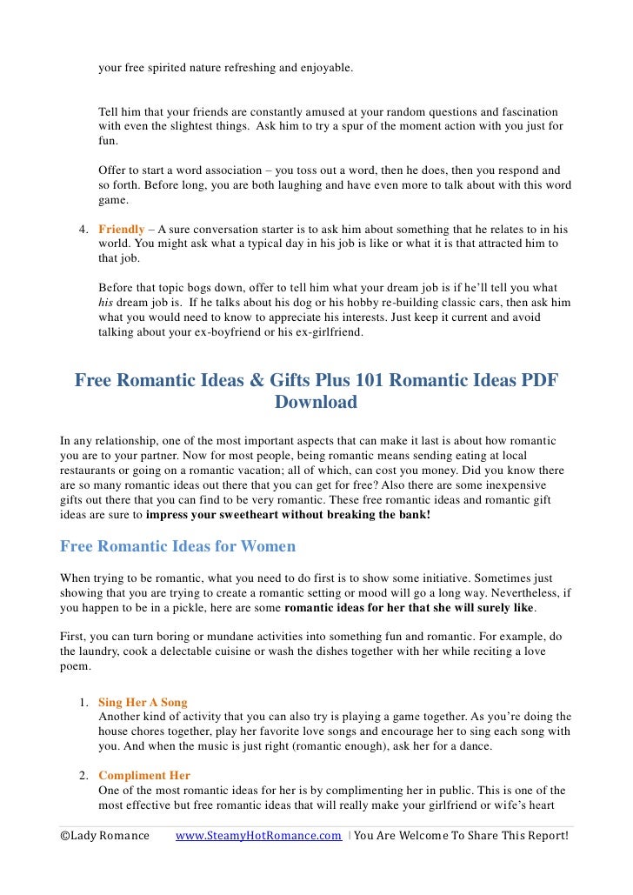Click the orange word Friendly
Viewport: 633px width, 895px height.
[x=121, y=229]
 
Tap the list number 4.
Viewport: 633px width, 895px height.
[x=83, y=229]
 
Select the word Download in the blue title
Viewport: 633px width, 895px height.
[x=316, y=403]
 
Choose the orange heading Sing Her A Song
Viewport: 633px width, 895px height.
[x=143, y=701]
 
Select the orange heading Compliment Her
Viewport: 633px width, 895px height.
[x=144, y=775]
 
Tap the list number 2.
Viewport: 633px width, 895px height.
[x=83, y=775]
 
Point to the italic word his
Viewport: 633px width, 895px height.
[x=106, y=302]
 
